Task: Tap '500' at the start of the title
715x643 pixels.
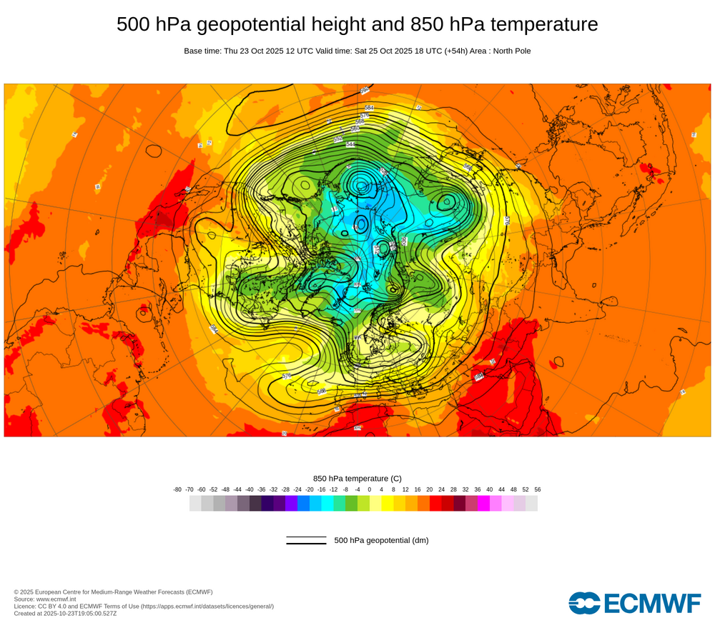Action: tap(132, 24)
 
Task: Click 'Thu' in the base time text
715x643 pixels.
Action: tap(231, 51)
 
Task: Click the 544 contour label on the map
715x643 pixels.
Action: tap(350, 145)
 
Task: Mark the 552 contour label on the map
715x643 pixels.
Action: tap(338, 139)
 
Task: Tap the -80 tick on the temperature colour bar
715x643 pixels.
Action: tap(177, 489)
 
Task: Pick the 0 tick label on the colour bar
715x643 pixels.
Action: tap(370, 489)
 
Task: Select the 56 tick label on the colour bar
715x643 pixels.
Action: tap(537, 489)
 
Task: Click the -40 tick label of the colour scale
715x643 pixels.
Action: tap(250, 489)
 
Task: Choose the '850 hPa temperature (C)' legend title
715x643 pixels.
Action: tap(357, 478)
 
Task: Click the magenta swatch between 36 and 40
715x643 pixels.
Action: tap(483, 504)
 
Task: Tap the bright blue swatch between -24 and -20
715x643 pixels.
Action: tap(303, 504)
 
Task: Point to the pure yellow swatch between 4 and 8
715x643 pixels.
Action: tap(388, 504)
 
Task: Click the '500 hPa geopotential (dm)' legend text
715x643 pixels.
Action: tap(381, 540)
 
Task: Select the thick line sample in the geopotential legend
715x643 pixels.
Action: tap(306, 544)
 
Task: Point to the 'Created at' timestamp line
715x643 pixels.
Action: tap(65, 613)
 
